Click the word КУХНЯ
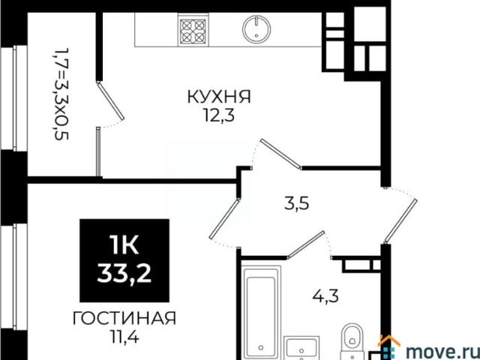coord(218,97)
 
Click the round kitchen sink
coord(256,29)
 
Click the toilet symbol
coord(350,340)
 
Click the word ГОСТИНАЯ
coord(124,319)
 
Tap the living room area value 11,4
coord(124,335)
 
